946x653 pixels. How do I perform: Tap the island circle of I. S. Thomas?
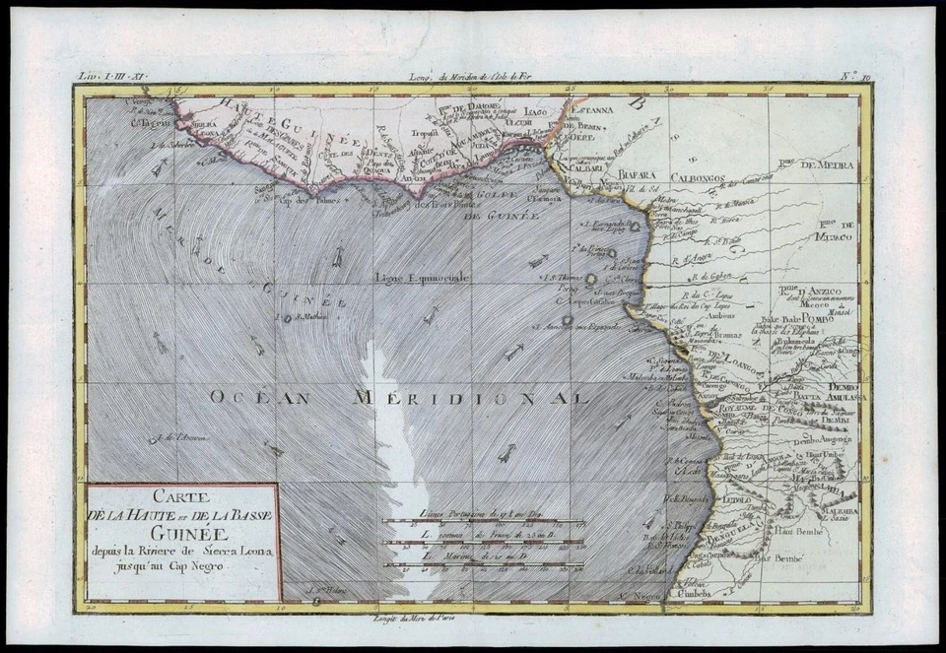point(592,279)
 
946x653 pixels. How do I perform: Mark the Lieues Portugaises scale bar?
point(483,521)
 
